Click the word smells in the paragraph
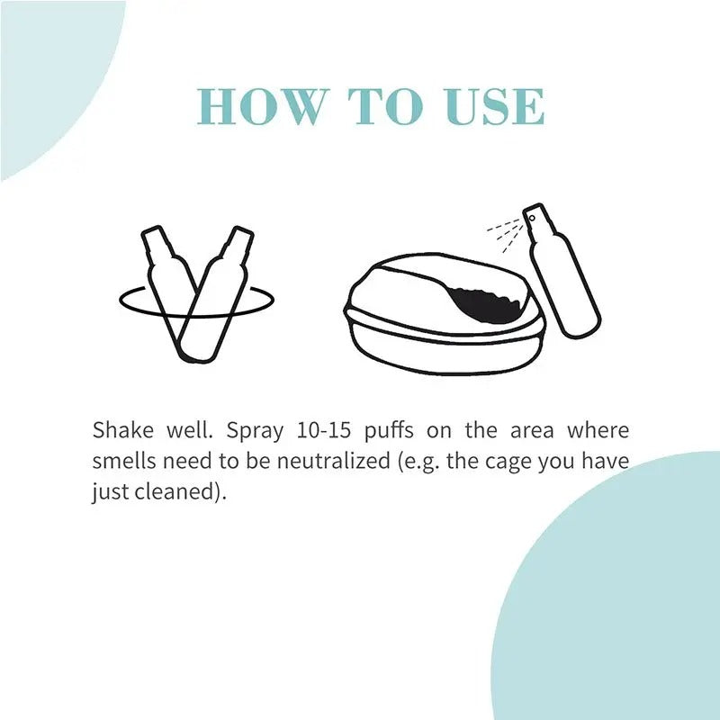tap(121, 463)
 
